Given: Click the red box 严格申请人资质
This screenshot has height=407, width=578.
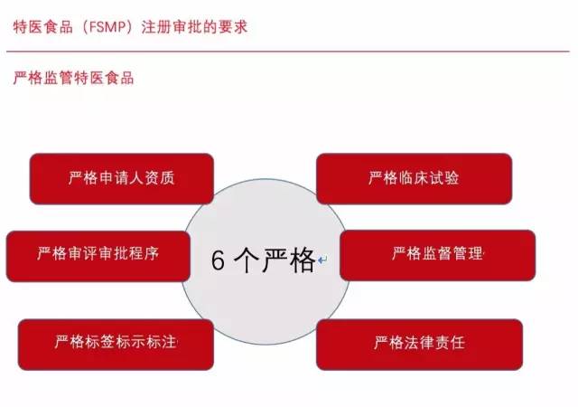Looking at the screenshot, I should (x=122, y=178).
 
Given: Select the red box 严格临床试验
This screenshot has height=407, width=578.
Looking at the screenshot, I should (x=414, y=178).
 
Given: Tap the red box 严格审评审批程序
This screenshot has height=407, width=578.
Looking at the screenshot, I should (x=98, y=254).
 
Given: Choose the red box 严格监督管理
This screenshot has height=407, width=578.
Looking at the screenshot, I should (x=437, y=254).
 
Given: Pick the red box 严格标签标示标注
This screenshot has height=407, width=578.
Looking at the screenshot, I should (x=116, y=343).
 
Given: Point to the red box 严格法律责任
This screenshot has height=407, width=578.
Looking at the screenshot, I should (x=419, y=343).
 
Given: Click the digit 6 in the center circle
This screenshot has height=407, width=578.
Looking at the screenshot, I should (x=218, y=260).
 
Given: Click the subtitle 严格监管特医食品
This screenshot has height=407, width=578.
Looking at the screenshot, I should (x=74, y=78).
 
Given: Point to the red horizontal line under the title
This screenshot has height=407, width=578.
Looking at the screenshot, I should (x=289, y=52).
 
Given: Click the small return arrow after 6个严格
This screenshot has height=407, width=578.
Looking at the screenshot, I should (x=322, y=262).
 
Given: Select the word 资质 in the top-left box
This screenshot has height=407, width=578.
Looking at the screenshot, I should (x=160, y=178).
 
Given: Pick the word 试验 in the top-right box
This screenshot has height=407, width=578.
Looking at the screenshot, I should (x=443, y=178).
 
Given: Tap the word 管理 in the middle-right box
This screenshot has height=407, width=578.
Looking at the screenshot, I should (x=468, y=254).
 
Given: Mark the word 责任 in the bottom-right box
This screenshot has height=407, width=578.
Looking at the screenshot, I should (x=450, y=343).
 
